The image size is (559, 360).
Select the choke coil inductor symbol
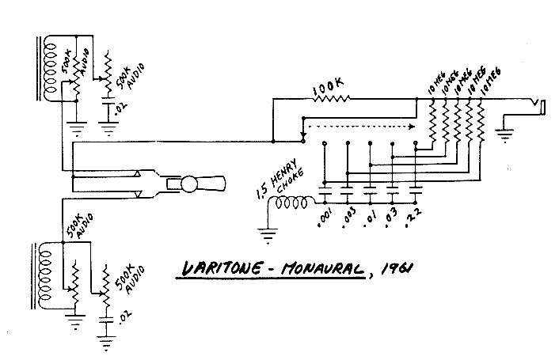pos(290,204)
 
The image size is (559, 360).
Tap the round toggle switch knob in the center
pos(190,184)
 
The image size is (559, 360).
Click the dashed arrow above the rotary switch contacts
pos(361,124)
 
